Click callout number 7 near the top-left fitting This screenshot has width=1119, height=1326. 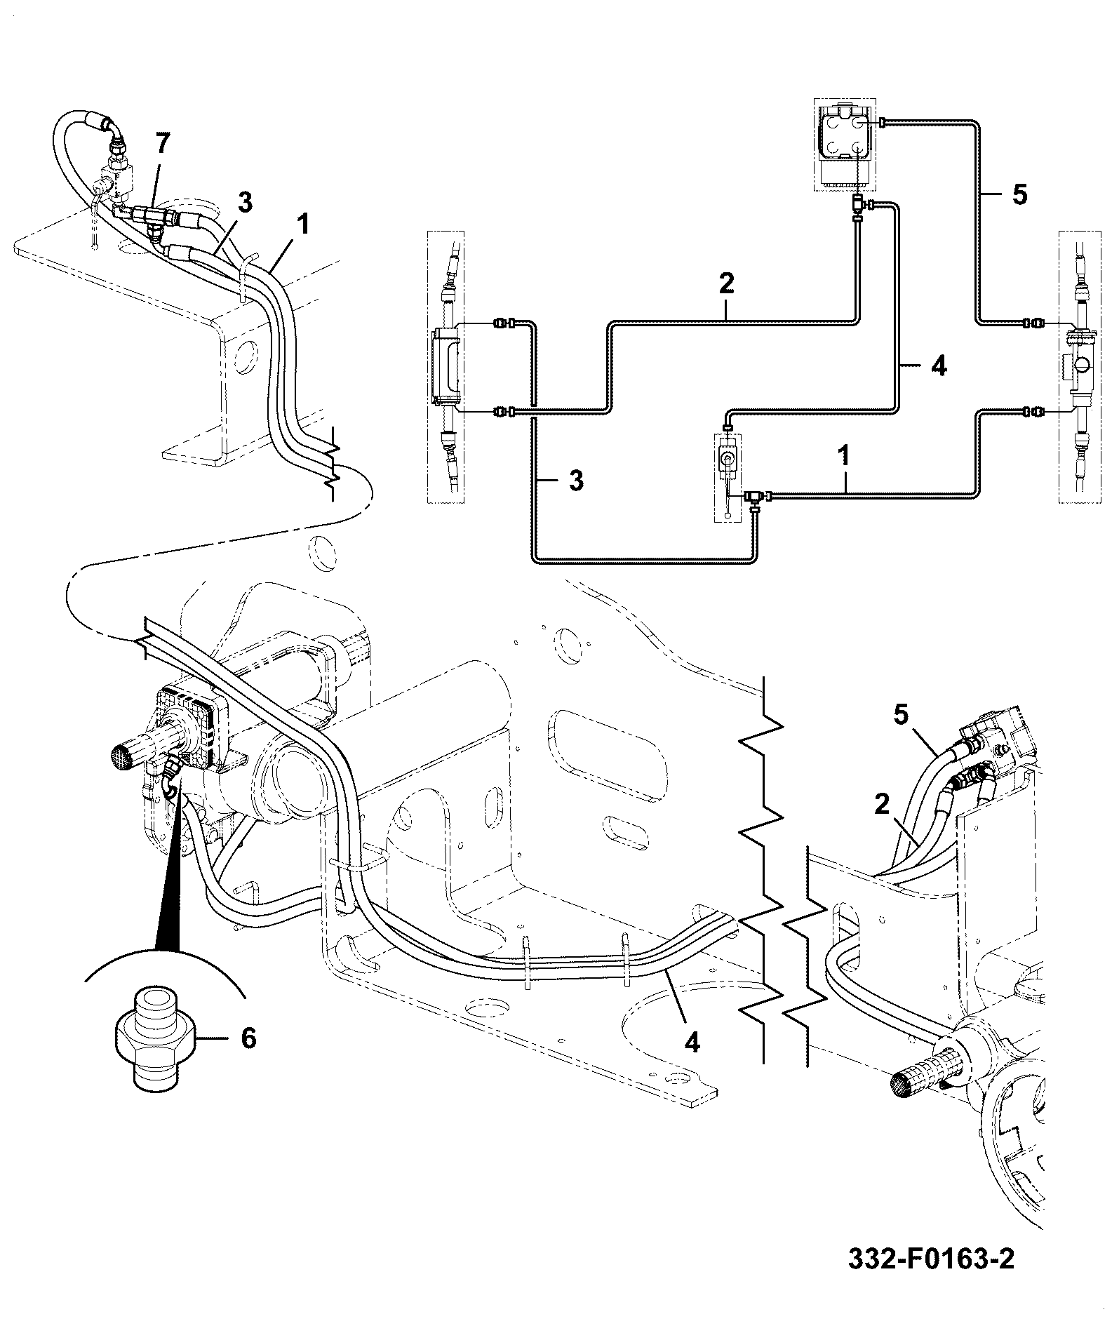(x=162, y=144)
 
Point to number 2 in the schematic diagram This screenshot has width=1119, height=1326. (x=726, y=283)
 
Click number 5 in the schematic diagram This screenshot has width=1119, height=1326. (x=1019, y=194)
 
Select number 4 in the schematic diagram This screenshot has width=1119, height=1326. (x=939, y=366)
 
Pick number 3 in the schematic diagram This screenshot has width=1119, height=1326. (x=575, y=481)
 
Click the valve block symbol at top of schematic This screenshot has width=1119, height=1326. (x=843, y=145)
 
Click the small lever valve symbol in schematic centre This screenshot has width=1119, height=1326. (x=727, y=477)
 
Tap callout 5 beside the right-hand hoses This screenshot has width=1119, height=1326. (x=901, y=716)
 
